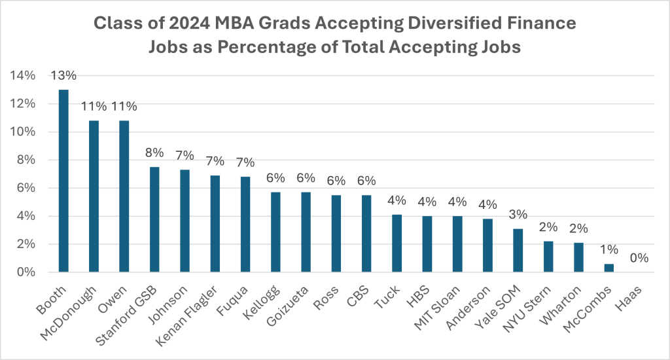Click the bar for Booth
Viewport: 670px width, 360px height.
click(63, 181)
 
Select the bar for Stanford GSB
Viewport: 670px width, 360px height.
click(154, 219)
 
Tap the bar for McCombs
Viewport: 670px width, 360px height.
click(609, 268)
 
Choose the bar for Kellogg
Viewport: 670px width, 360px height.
click(275, 232)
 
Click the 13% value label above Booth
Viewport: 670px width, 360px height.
click(63, 77)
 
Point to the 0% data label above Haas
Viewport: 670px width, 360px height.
click(639, 258)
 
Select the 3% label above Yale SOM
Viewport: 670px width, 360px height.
click(518, 215)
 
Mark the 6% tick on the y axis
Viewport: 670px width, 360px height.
click(25, 188)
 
